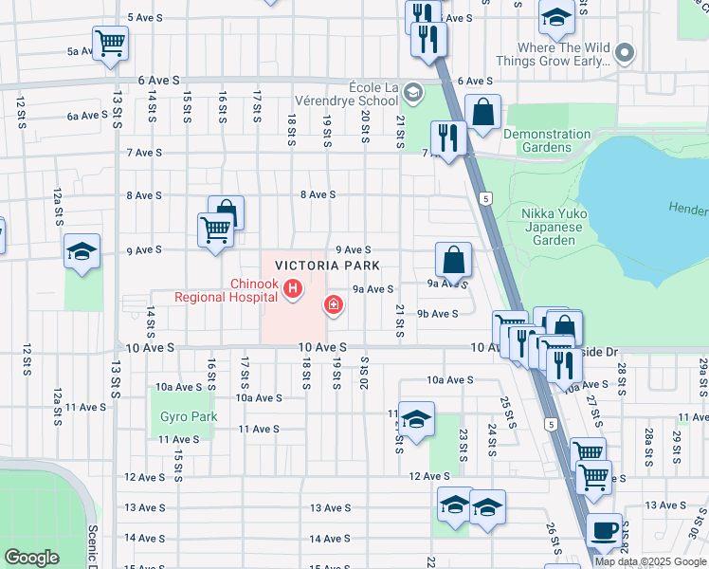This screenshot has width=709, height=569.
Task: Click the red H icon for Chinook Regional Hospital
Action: point(294,288)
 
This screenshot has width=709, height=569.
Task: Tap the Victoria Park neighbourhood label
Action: point(327,266)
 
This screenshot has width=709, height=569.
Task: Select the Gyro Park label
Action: point(189,416)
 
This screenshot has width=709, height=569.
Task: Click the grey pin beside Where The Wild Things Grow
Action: point(624,53)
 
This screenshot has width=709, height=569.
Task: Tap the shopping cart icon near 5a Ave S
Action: point(111,42)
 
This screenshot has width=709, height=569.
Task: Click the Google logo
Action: point(31,558)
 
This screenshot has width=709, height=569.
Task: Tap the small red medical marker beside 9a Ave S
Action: point(333,304)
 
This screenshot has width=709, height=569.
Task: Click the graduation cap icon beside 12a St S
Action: point(82,251)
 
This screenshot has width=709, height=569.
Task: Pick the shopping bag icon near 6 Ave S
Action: point(482,111)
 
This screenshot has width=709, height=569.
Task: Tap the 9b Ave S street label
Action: point(438,314)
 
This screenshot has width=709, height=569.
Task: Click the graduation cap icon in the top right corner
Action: point(556,16)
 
